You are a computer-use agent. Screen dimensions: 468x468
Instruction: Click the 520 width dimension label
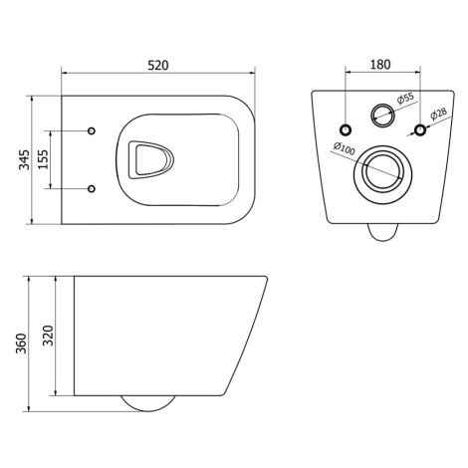pos(158,66)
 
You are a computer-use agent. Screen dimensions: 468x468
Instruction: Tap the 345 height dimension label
pos(24,159)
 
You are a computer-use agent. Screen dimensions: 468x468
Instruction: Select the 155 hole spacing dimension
pos(43,159)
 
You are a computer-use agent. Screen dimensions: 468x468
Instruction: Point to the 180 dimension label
pos(380,65)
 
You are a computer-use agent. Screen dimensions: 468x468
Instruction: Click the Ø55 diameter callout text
pos(405,99)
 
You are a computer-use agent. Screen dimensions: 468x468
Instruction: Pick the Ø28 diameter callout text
pos(438,114)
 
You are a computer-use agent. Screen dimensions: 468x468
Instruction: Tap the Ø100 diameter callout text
pos(345,148)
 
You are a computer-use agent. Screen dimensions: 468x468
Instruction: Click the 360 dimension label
pos(21,344)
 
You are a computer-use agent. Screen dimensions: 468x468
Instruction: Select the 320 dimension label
pos(48,336)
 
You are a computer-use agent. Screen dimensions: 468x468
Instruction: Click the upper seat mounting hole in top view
pos(92,130)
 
